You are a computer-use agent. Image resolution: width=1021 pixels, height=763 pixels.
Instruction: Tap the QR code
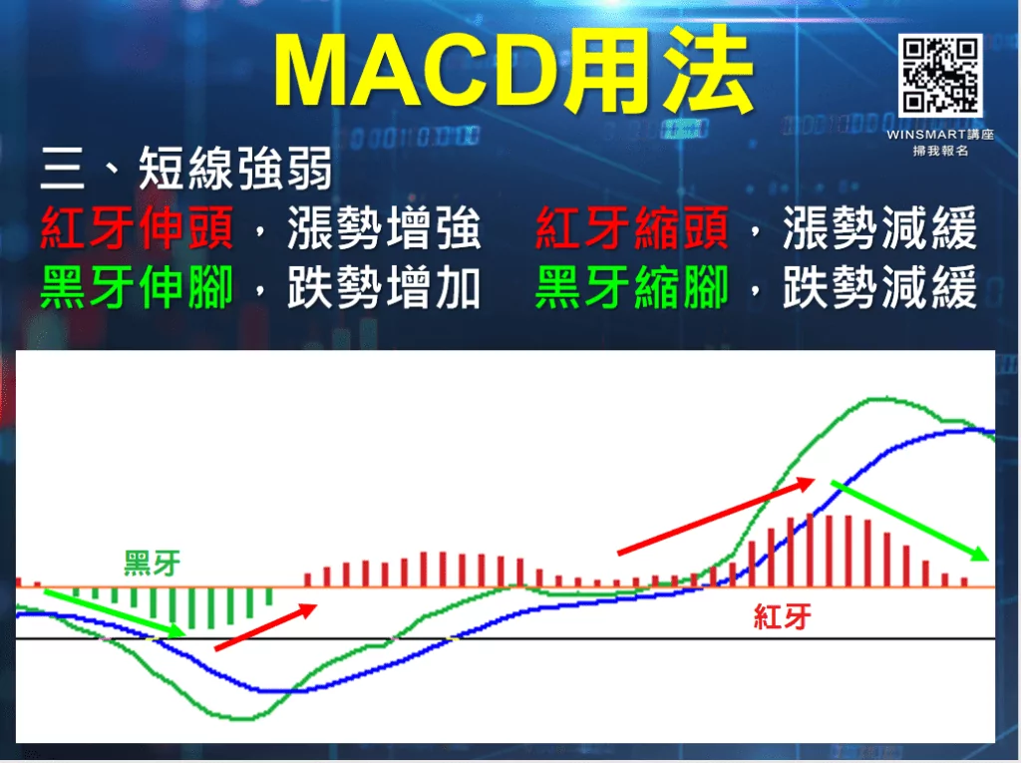click(x=940, y=75)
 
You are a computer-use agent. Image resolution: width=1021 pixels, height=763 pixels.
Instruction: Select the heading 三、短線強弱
click(x=185, y=171)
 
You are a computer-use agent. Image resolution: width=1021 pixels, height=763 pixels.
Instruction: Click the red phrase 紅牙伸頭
click(x=137, y=230)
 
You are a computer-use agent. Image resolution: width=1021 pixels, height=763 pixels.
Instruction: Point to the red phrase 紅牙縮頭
click(x=632, y=230)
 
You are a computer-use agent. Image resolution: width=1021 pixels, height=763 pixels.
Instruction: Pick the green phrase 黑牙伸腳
click(x=137, y=288)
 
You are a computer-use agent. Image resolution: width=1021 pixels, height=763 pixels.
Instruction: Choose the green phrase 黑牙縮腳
click(x=632, y=288)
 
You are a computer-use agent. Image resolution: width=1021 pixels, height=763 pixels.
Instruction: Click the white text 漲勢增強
click(x=384, y=230)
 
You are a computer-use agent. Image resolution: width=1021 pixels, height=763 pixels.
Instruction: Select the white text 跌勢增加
click(x=384, y=288)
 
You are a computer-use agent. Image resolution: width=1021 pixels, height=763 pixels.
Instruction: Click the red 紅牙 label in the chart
click(x=782, y=617)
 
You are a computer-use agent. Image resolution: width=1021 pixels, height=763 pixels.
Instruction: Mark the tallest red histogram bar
click(x=829, y=550)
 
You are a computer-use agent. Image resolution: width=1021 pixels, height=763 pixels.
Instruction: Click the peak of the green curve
click(x=877, y=398)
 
